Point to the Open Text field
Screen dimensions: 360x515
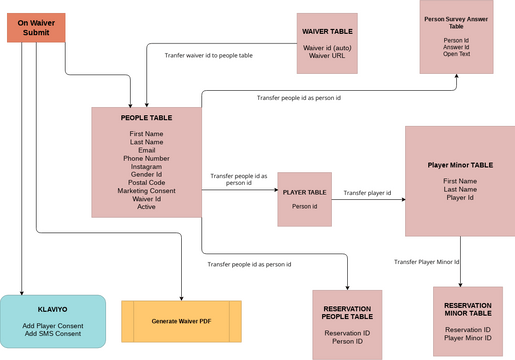click(x=456, y=54)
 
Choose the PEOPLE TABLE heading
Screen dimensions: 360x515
click(x=146, y=118)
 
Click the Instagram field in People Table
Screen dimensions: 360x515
click(x=146, y=166)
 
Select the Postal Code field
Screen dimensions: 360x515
click(x=146, y=182)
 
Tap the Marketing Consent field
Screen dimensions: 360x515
click(x=146, y=190)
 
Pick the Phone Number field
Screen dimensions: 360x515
click(x=146, y=158)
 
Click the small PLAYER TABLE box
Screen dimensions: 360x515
click(x=304, y=198)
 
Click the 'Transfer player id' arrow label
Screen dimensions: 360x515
click(x=367, y=193)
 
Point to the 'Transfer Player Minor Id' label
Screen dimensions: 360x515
click(x=427, y=261)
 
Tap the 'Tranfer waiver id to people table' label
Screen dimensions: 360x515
click(x=208, y=56)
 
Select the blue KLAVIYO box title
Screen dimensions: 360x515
click(x=52, y=311)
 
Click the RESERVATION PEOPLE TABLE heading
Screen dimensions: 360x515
click(x=347, y=311)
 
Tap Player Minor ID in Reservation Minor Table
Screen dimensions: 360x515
click(x=468, y=338)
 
